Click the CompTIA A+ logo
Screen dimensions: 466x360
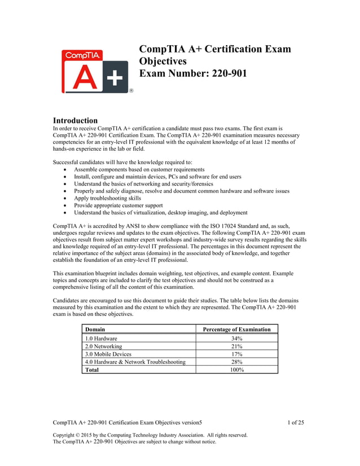95,72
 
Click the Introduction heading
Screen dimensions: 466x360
75,120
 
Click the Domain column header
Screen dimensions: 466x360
94,329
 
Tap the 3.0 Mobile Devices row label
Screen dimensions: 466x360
108,354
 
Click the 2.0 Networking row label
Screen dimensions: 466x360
103,346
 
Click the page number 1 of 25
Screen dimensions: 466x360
296,422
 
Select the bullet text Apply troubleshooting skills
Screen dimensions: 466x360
107,199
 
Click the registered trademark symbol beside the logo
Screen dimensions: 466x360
131,90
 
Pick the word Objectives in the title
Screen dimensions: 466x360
163,61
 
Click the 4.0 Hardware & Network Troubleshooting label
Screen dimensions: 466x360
135,362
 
